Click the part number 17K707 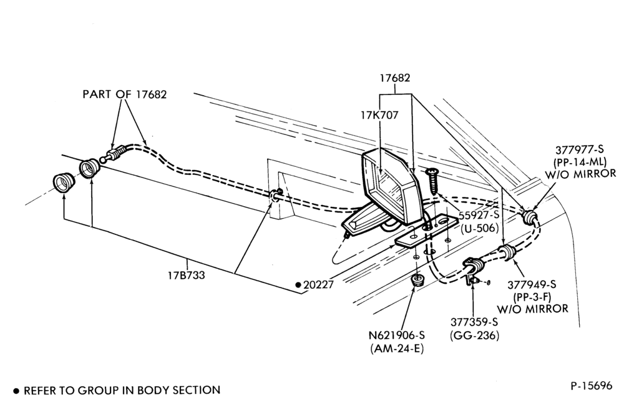[379, 115]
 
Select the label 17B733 [186, 275]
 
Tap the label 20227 [318, 285]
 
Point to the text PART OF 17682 [125, 94]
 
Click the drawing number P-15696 [592, 386]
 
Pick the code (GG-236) [474, 336]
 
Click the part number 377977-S [580, 149]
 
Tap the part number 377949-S [532, 284]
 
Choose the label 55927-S [479, 215]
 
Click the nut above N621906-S [417, 280]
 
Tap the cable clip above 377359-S [474, 271]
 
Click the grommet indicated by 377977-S [530, 216]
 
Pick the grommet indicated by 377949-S [507, 252]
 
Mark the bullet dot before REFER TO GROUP [16, 391]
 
